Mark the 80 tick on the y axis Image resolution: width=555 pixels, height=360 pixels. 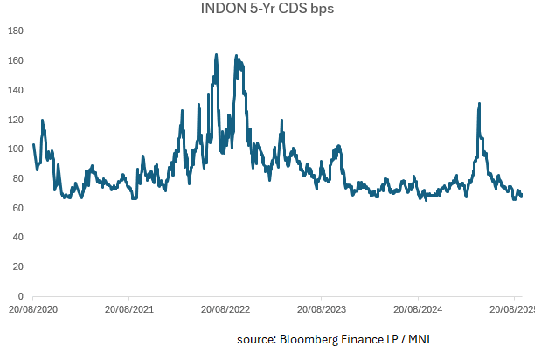(x=17, y=179)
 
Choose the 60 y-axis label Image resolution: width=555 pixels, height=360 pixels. (x=17, y=208)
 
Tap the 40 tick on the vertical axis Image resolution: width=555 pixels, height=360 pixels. (x=17, y=238)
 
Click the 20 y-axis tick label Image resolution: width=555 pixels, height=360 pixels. (x=17, y=267)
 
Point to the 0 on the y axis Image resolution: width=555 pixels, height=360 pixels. (x=20, y=297)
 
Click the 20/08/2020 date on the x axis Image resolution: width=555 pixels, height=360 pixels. (x=33, y=309)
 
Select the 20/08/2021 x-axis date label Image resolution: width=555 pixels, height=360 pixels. (x=129, y=309)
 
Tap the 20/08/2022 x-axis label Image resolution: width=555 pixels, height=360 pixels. (x=225, y=309)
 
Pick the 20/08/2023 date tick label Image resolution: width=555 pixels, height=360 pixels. (x=322, y=309)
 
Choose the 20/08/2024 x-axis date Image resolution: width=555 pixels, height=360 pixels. (x=418, y=309)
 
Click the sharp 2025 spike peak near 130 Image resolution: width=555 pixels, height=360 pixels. (x=479, y=104)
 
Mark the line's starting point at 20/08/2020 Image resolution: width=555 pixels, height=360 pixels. (x=33, y=144)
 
